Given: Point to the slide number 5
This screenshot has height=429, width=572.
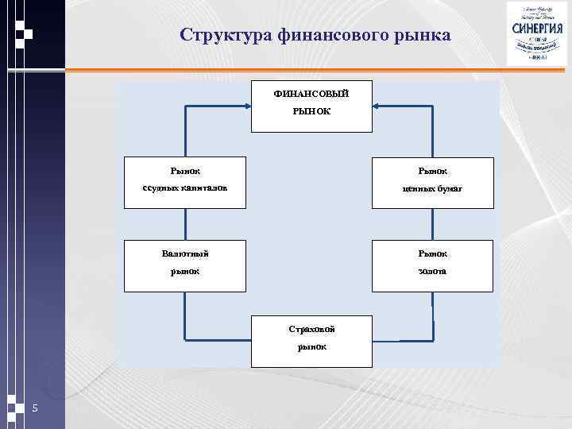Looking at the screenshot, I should (35, 408).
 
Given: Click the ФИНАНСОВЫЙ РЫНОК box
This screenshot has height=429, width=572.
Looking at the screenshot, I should (311, 106).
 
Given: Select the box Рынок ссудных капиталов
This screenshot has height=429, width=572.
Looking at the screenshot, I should (184, 183).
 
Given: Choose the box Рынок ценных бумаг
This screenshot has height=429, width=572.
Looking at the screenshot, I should (433, 183).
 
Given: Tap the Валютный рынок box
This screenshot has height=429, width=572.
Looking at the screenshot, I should (184, 264).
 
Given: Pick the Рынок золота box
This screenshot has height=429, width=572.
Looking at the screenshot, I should (433, 264).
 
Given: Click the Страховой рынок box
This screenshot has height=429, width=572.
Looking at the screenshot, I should (311, 341).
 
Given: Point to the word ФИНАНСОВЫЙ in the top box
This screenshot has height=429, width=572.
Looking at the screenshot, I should (311, 94).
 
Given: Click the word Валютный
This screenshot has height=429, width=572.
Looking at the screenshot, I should (184, 253).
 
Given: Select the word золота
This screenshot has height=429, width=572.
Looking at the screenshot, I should (433, 272).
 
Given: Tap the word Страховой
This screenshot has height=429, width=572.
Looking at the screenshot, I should (311, 329).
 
